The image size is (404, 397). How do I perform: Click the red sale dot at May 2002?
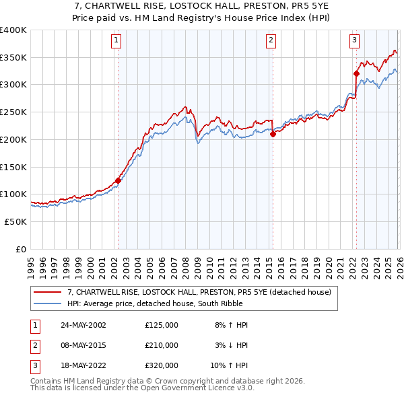pyautogui.click(x=118, y=180)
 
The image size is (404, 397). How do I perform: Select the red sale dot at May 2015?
pyautogui.click(x=273, y=134)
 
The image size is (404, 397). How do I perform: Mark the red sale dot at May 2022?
pyautogui.click(x=356, y=73)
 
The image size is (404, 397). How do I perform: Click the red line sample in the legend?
pyautogui.click(x=48, y=293)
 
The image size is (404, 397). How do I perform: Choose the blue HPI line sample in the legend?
pyautogui.click(x=48, y=303)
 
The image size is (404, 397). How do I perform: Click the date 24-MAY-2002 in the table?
pyautogui.click(x=83, y=325)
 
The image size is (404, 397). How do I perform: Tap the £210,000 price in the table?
pyautogui.click(x=162, y=345)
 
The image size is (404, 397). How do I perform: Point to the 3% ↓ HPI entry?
pyautogui.click(x=232, y=345)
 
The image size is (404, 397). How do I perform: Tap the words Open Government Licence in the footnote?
pyautogui.click(x=191, y=388)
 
